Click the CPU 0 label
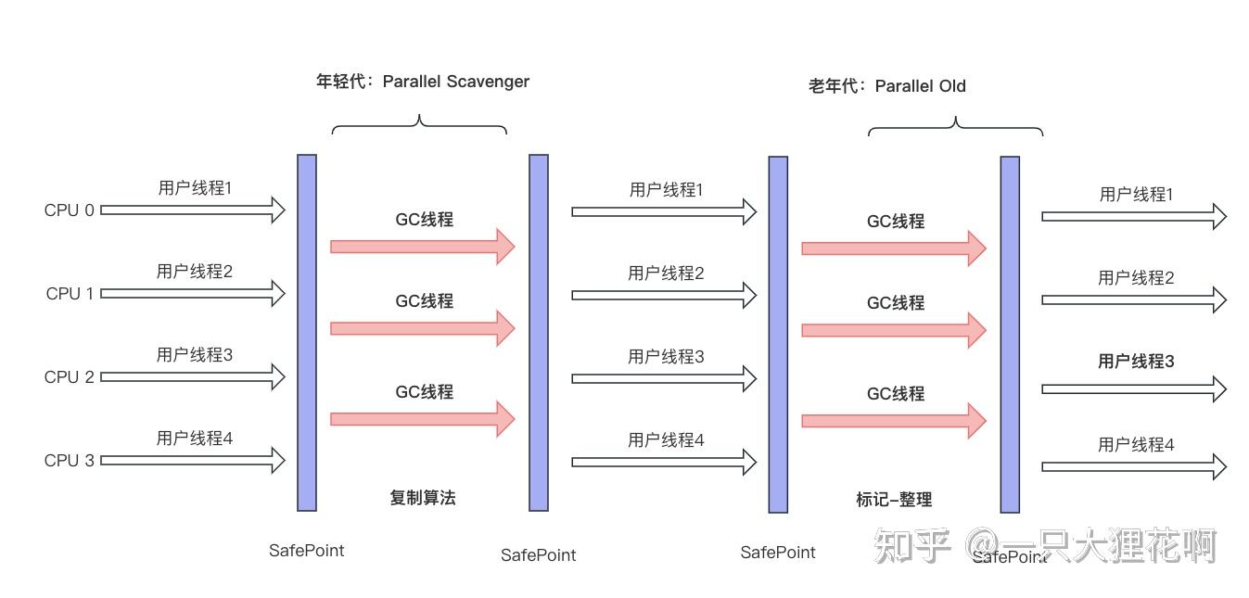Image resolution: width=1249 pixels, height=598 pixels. point(69,210)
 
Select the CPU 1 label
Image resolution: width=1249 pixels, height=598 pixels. point(70,294)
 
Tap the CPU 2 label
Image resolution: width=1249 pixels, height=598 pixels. point(69,377)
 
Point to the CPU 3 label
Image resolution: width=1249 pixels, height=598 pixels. point(69,461)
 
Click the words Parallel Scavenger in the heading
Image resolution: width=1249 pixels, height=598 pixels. point(455,82)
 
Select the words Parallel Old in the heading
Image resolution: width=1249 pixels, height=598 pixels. point(920,86)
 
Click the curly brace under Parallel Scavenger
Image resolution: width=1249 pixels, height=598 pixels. point(420,125)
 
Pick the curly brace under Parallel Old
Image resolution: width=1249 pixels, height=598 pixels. point(955,127)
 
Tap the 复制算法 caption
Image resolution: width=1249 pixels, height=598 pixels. point(423,498)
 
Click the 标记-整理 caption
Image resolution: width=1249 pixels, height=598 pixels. point(894,500)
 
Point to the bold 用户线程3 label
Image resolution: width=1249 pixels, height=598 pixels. point(1136,362)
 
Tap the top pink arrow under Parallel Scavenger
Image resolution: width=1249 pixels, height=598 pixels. point(422,247)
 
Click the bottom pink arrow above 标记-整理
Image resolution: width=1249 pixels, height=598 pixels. point(893,421)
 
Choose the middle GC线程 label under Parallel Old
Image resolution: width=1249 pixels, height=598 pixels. point(895,303)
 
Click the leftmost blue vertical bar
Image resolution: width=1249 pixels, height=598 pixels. point(307,332)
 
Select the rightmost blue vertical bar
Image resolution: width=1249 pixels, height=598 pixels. point(1010,334)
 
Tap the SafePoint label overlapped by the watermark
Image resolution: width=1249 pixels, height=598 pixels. point(1009,557)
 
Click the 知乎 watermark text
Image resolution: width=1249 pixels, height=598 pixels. point(913,547)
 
